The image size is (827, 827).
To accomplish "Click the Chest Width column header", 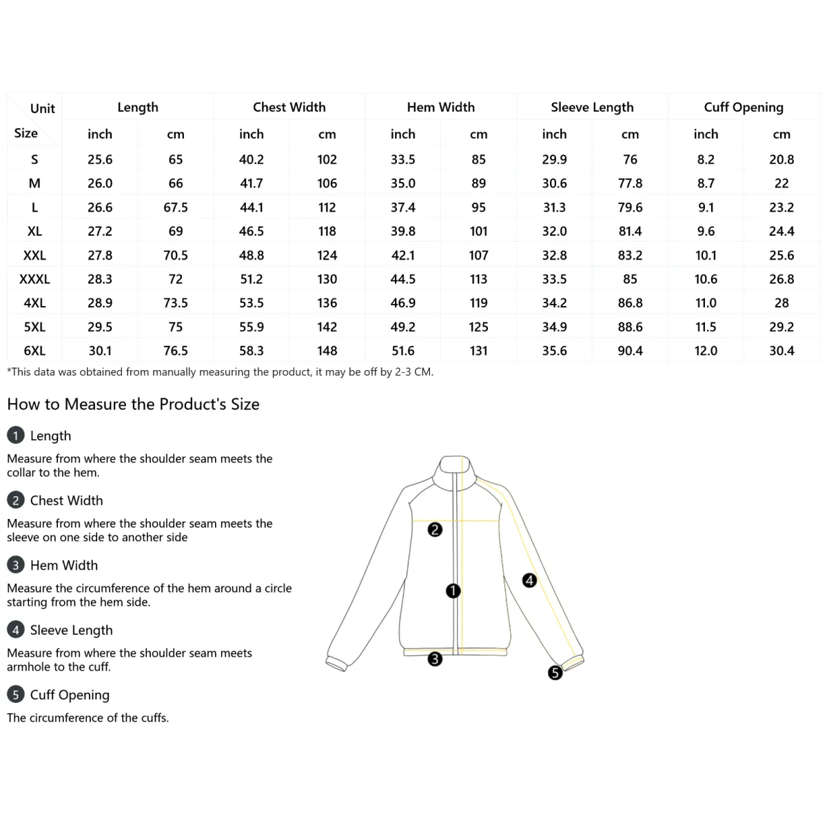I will (x=289, y=107).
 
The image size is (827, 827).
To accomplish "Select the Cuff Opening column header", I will (x=744, y=107).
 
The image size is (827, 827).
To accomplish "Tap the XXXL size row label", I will (x=34, y=279).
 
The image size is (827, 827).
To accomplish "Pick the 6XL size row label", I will (x=34, y=351).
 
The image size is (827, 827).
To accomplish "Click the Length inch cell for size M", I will (x=100, y=183).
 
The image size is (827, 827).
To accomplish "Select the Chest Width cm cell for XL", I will (x=327, y=231).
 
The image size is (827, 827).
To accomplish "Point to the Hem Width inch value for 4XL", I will (x=402, y=303).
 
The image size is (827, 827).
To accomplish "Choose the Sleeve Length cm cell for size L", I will (x=630, y=207).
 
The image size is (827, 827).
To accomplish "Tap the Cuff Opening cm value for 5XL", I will (x=782, y=327).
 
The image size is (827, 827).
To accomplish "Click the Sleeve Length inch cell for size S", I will (x=554, y=159).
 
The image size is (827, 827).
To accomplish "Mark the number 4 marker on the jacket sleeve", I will (x=529, y=580).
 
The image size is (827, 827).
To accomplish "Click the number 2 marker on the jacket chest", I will (x=435, y=529).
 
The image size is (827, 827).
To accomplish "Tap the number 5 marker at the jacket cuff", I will (x=555, y=673).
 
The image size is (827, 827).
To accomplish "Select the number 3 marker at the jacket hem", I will (x=435, y=659).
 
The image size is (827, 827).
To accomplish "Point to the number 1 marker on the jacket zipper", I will (x=453, y=591).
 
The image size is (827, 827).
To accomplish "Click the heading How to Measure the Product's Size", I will (x=133, y=404).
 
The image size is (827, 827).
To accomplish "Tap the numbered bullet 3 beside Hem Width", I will (x=15, y=565).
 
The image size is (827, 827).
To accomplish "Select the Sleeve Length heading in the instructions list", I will (x=71, y=630).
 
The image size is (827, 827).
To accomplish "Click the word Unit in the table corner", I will (x=42, y=108).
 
